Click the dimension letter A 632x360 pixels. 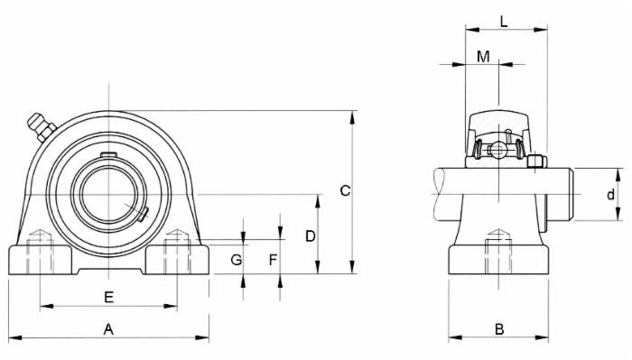[108, 329]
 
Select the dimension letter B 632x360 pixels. [498, 329]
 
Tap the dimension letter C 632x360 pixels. [344, 190]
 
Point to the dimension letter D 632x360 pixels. [310, 235]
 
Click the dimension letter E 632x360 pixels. [108, 297]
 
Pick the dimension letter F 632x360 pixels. [274, 260]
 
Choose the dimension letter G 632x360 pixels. [236, 260]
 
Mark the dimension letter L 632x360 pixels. [504, 21]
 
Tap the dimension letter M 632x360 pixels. [483, 56]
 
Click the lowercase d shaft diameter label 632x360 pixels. [610, 194]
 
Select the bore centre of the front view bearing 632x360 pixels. [108, 193]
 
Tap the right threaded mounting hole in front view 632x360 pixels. [176, 252]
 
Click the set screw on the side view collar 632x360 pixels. [536, 162]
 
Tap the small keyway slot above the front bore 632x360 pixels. [108, 156]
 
